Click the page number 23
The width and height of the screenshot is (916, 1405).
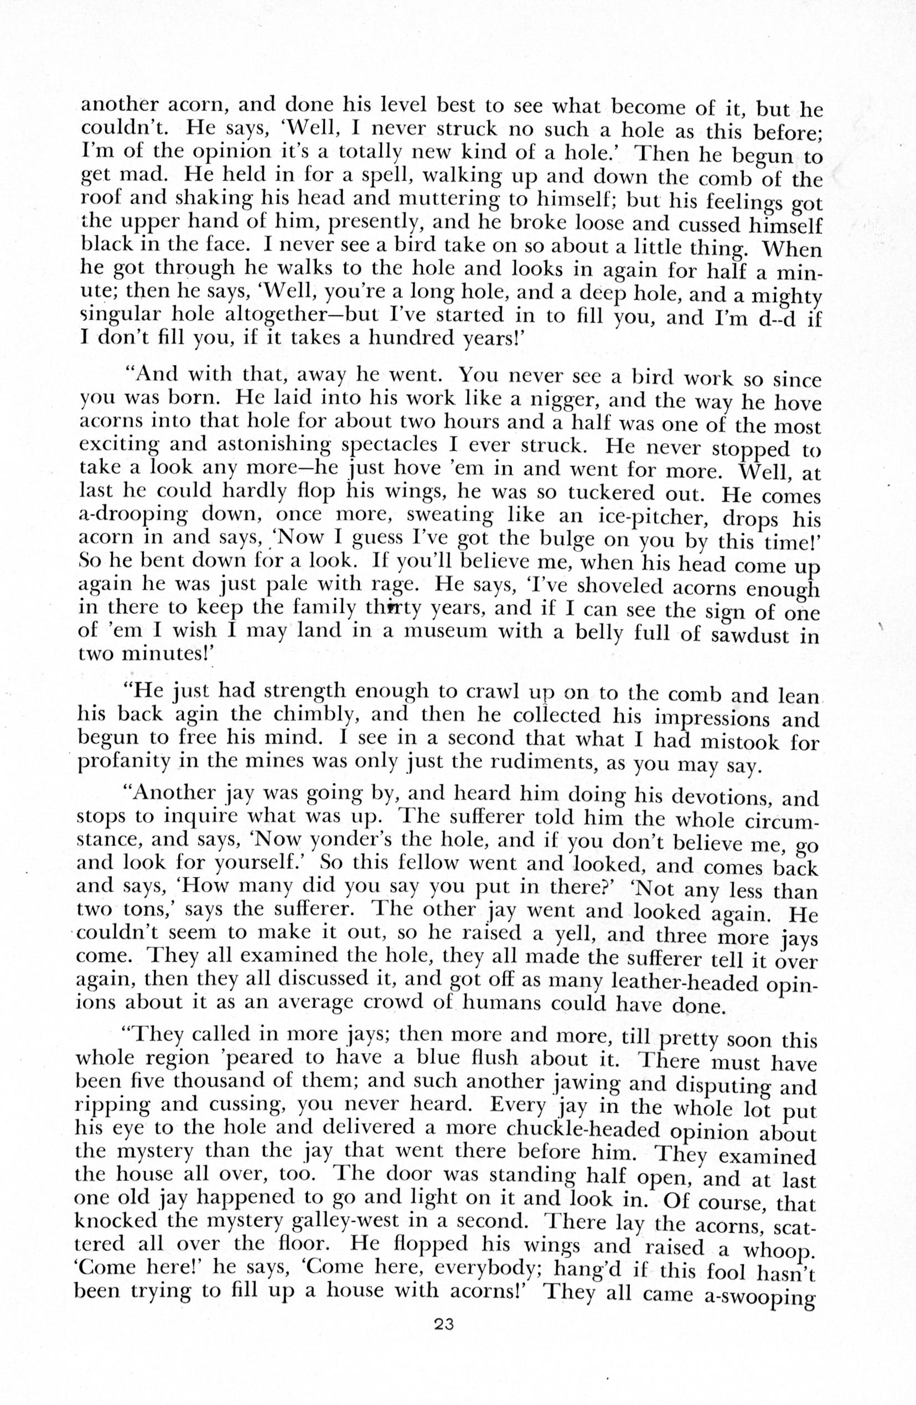pos(443,1341)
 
